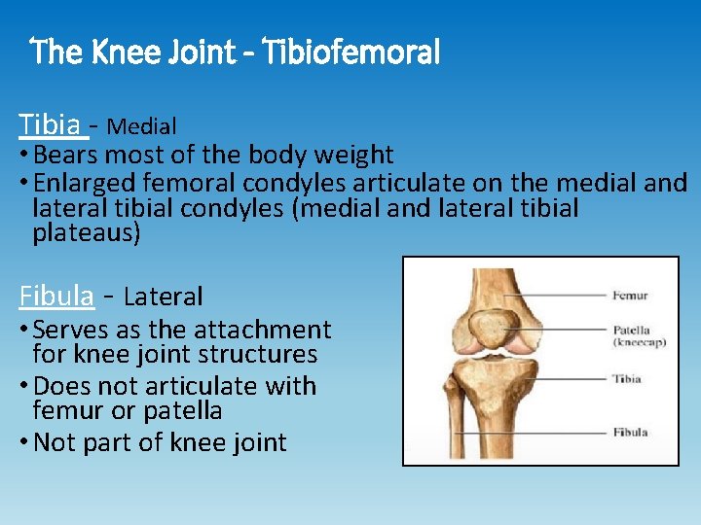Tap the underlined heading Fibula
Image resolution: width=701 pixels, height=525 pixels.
pos(56,296)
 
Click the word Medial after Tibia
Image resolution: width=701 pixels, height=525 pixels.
pos(141,126)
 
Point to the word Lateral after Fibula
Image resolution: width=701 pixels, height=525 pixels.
pos(164,297)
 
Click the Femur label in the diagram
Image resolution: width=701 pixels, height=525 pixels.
pos(630,296)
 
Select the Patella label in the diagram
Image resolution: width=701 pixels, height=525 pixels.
pos(631,331)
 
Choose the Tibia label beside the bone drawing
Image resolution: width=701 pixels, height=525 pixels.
pos(627,378)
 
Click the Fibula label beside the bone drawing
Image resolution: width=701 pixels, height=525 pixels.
pos(630,432)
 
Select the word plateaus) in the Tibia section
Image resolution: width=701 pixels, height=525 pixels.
pos(87,233)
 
